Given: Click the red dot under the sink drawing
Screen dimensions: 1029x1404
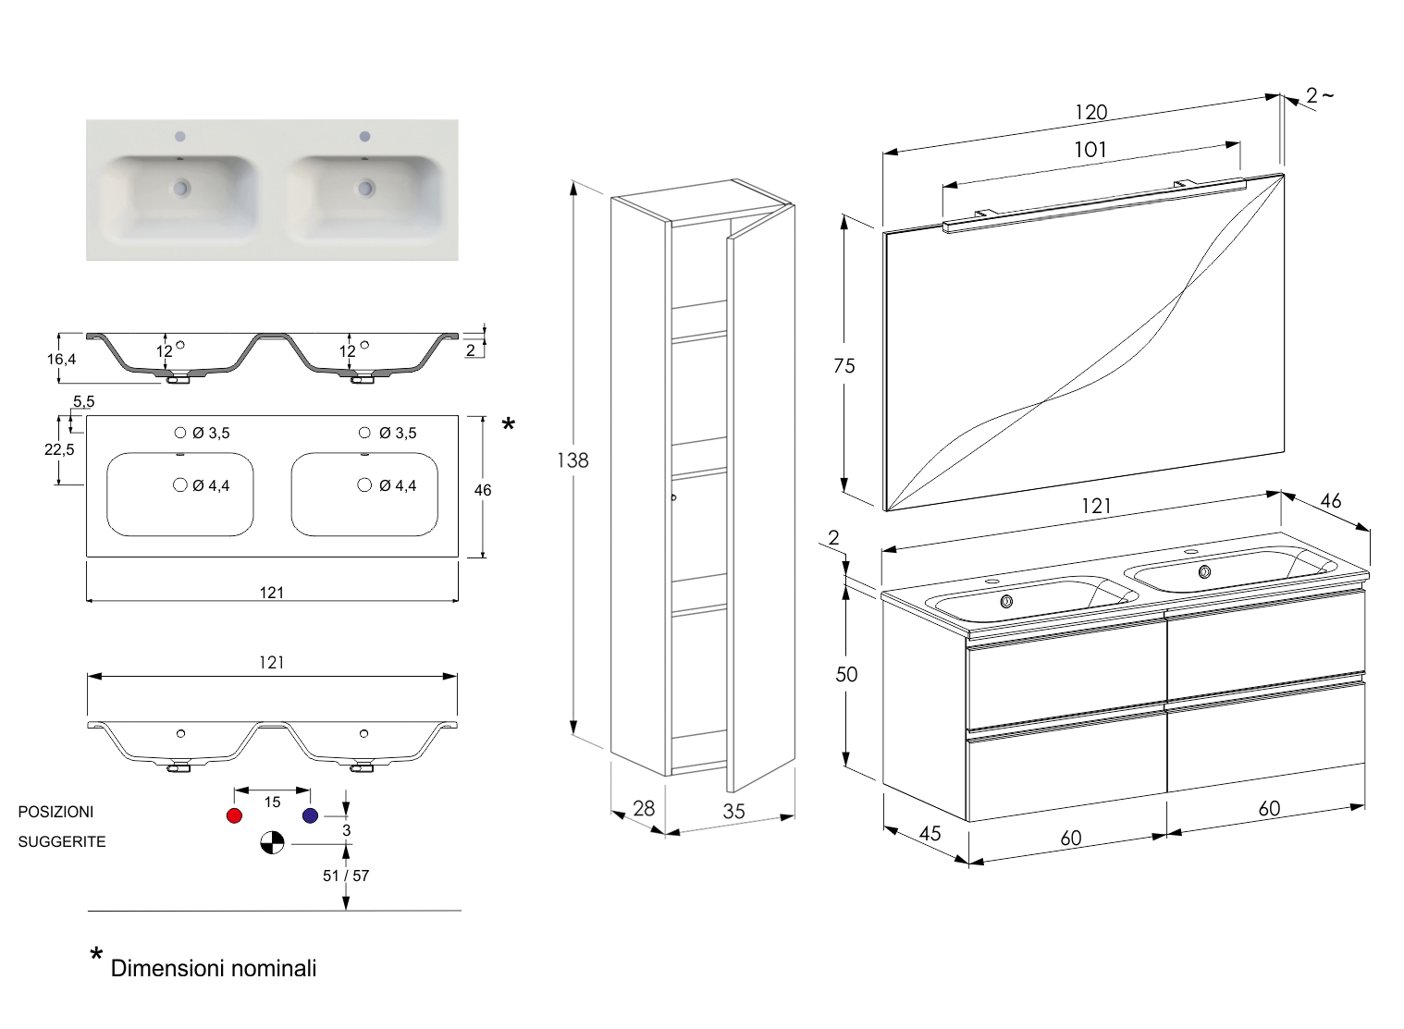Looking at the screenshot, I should [234, 815].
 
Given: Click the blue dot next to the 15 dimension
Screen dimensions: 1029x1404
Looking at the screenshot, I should [310, 815].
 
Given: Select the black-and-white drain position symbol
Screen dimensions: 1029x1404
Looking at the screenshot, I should [272, 842].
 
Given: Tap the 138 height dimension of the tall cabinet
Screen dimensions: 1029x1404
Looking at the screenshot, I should [573, 459].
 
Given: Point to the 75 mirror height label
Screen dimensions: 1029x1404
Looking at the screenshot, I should [844, 366].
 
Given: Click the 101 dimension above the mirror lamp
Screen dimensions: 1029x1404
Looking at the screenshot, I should [1090, 150].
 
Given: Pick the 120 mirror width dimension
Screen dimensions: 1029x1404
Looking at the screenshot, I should [1091, 113].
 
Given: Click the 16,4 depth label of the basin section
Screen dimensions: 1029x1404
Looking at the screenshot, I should [61, 359].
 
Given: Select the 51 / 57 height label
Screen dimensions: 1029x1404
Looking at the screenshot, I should [346, 876].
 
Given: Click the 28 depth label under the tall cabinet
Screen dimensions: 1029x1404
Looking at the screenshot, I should [643, 808].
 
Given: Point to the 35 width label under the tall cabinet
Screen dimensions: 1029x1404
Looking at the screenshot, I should [733, 812].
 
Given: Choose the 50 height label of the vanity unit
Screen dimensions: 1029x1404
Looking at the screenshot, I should [846, 675].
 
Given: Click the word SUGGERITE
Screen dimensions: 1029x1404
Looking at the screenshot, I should [62, 842].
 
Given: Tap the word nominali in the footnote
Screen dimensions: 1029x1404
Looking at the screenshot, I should [271, 969].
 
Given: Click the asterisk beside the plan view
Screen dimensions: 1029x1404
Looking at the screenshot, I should [508, 425].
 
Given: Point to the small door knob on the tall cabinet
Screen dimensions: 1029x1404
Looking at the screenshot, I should [674, 498].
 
